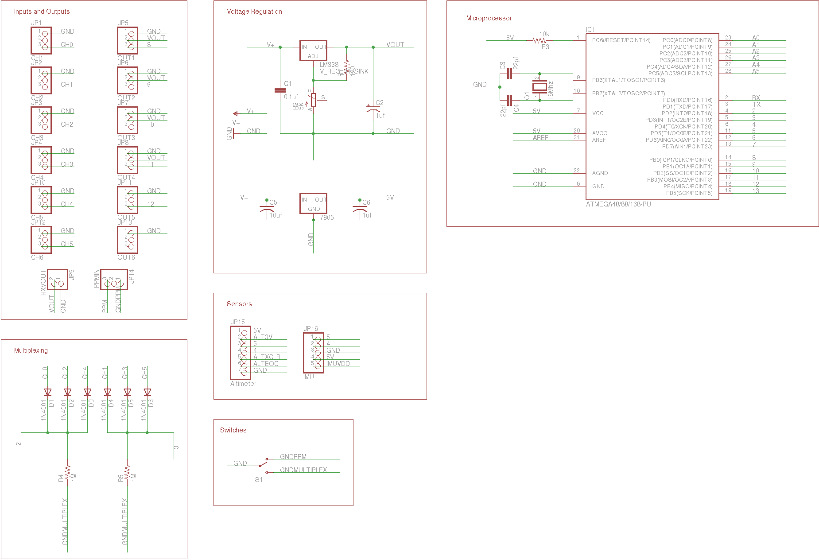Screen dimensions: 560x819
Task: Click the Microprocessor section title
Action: coord(489,18)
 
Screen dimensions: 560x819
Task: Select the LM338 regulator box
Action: coord(313,51)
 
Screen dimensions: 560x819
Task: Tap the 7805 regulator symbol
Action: coord(313,203)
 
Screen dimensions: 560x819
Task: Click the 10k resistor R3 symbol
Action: coord(539,40)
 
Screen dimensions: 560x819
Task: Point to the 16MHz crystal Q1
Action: coord(539,87)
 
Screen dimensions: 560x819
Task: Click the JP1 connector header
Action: coord(41,40)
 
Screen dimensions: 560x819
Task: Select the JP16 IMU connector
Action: coord(314,353)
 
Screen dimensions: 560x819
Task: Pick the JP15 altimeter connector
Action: coord(241,353)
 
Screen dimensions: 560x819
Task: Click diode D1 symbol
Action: coord(48,392)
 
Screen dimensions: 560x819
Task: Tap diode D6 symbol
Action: coord(147,392)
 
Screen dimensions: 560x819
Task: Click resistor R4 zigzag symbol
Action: coord(68,473)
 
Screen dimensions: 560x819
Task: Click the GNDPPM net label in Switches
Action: coord(293,457)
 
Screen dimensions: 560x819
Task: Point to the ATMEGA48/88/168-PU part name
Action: coord(618,204)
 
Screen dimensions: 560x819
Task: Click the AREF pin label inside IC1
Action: coord(599,140)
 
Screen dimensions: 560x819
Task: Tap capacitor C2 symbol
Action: coord(373,108)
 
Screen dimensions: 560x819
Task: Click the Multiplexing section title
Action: coord(31,350)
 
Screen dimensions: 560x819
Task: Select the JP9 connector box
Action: coord(58,280)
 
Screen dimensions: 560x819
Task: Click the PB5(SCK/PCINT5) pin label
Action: coord(689,193)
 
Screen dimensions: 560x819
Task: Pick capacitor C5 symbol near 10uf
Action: coord(267,206)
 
